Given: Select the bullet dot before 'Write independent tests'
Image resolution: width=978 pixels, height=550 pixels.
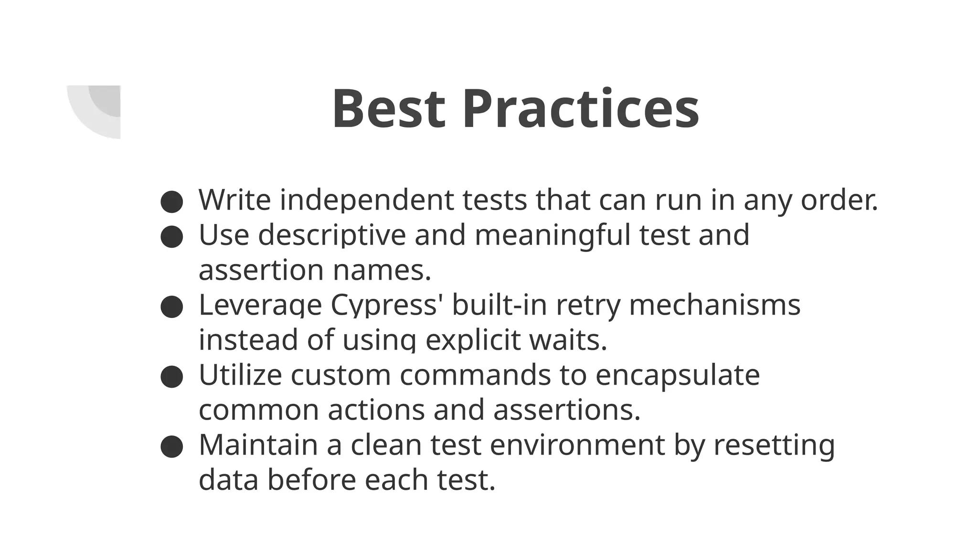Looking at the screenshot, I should coord(172,201).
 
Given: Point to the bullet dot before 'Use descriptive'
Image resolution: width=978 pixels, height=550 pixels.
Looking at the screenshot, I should coord(172,237).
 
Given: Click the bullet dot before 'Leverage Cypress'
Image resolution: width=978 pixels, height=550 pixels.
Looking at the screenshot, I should coord(172,307).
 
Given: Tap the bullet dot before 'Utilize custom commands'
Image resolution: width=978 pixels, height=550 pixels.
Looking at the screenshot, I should coord(172,377).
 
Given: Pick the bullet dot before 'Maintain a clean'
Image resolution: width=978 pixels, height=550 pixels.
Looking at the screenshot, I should coord(172,447).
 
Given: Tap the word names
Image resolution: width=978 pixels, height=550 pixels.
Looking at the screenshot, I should coord(382,270).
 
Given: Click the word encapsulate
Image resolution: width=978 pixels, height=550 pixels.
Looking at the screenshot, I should coord(677,376).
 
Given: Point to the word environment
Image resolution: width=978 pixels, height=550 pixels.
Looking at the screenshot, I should coord(577,445).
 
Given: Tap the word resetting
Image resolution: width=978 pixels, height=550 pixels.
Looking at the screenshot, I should coord(774,445).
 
